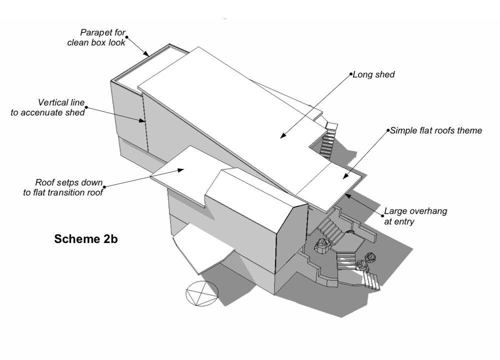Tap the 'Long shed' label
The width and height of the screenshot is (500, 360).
pyautogui.click(x=374, y=75)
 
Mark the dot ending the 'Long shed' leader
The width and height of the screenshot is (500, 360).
pyautogui.click(x=350, y=75)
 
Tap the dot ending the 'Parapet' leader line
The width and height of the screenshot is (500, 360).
pyautogui.click(x=127, y=36)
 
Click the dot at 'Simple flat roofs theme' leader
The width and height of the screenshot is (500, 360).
pyautogui.click(x=388, y=131)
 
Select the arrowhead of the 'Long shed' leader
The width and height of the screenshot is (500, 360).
pyautogui.click(x=281, y=136)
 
